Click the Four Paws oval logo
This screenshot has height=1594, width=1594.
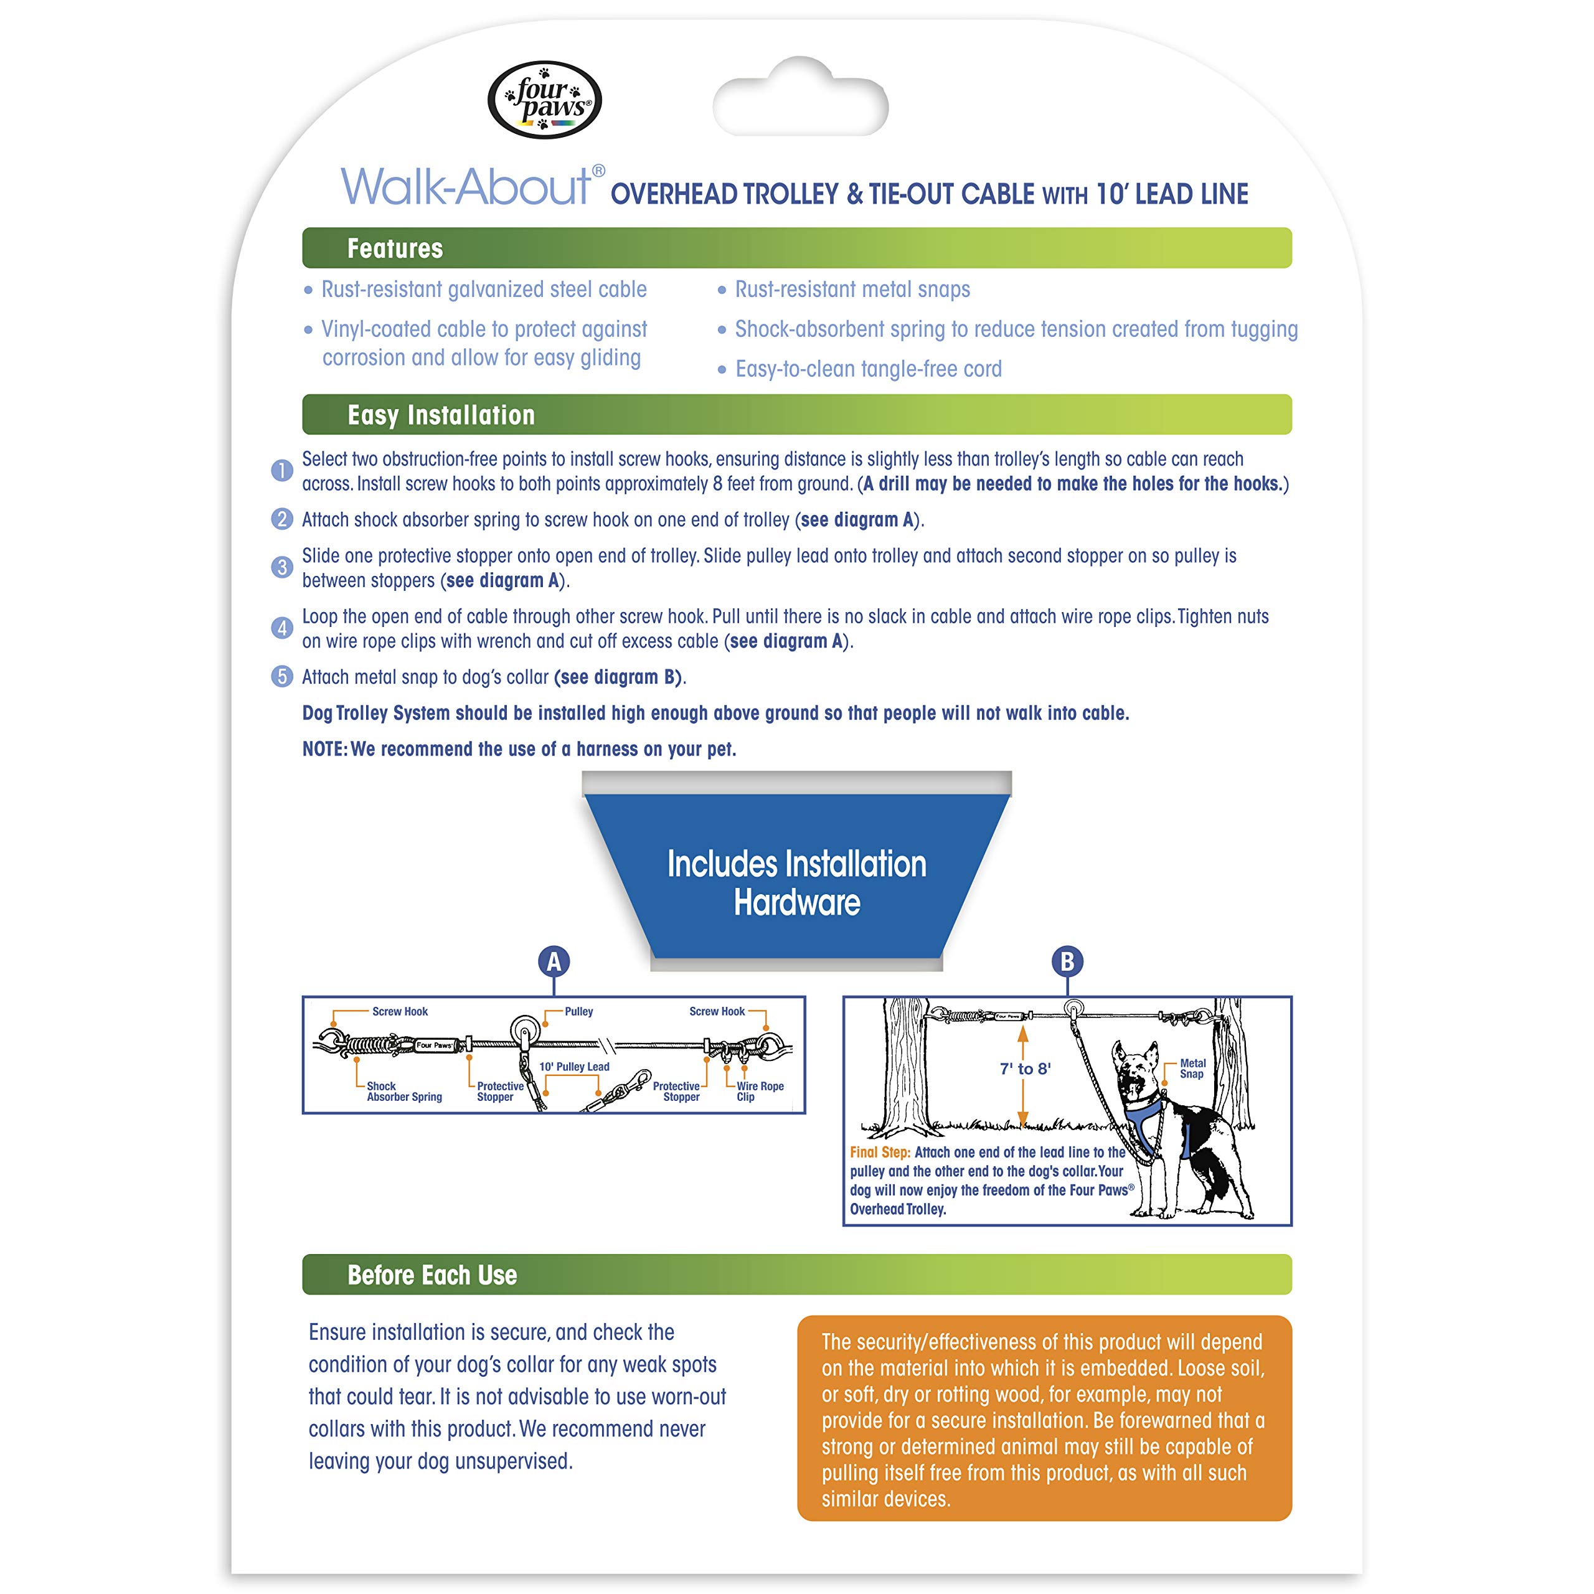coord(545,100)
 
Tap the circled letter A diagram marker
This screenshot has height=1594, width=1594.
coord(554,961)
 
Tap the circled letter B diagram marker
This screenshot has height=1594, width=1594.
coord(1067,961)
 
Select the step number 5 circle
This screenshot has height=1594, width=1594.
coord(282,677)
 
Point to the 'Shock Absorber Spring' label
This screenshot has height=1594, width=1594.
coord(404,1092)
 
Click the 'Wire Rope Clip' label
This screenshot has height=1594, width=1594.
coord(760,1092)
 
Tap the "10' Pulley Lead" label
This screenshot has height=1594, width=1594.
coord(574,1067)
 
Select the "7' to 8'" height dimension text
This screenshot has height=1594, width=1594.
coord(1026,1069)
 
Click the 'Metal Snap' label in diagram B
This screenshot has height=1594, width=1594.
coord(1192,1068)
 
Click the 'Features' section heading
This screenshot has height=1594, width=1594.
coord(395,248)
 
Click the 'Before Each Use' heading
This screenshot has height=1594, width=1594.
coord(432,1275)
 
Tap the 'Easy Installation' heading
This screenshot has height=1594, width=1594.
coord(441,415)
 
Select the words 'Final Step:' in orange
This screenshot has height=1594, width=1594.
coord(880,1153)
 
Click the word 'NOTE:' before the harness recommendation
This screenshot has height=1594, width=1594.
coord(325,749)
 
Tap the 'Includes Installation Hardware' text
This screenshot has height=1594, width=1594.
coord(797,883)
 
